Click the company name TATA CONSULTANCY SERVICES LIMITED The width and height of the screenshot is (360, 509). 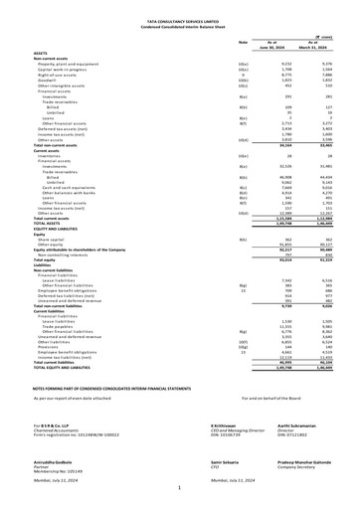pos(180,21)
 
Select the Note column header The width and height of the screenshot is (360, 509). pos(243,42)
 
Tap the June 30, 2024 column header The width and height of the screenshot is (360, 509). pos(275,46)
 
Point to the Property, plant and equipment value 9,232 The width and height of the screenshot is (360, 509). pos(281,64)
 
